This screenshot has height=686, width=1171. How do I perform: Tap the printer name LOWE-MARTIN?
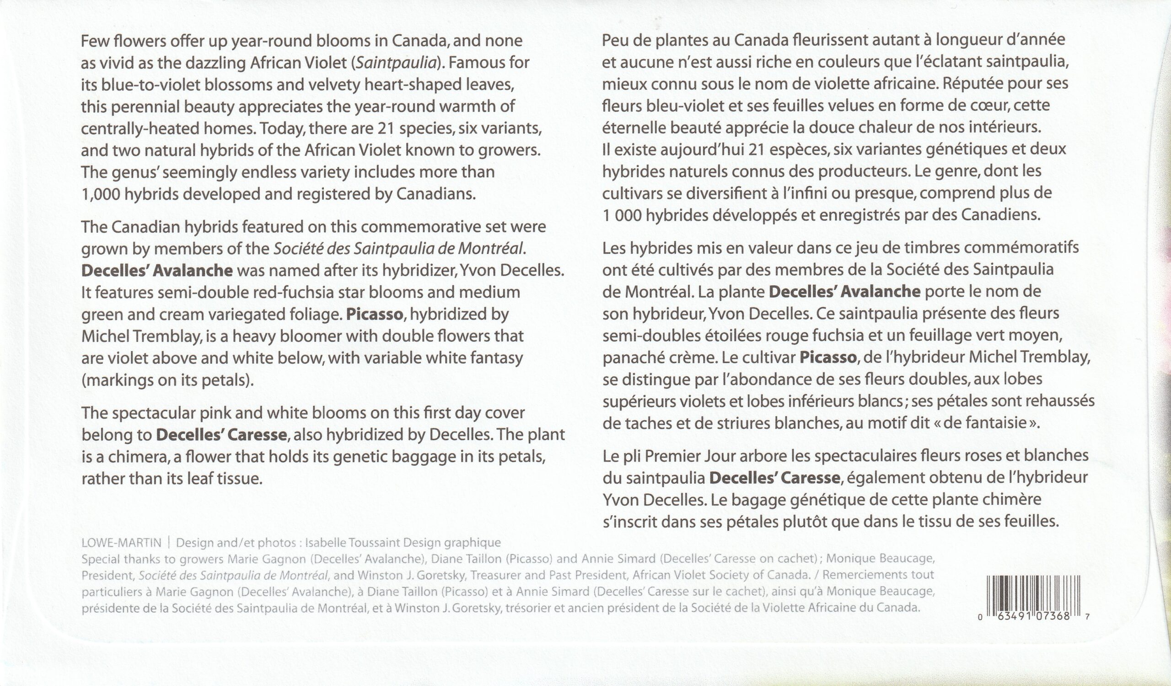click(121, 543)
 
